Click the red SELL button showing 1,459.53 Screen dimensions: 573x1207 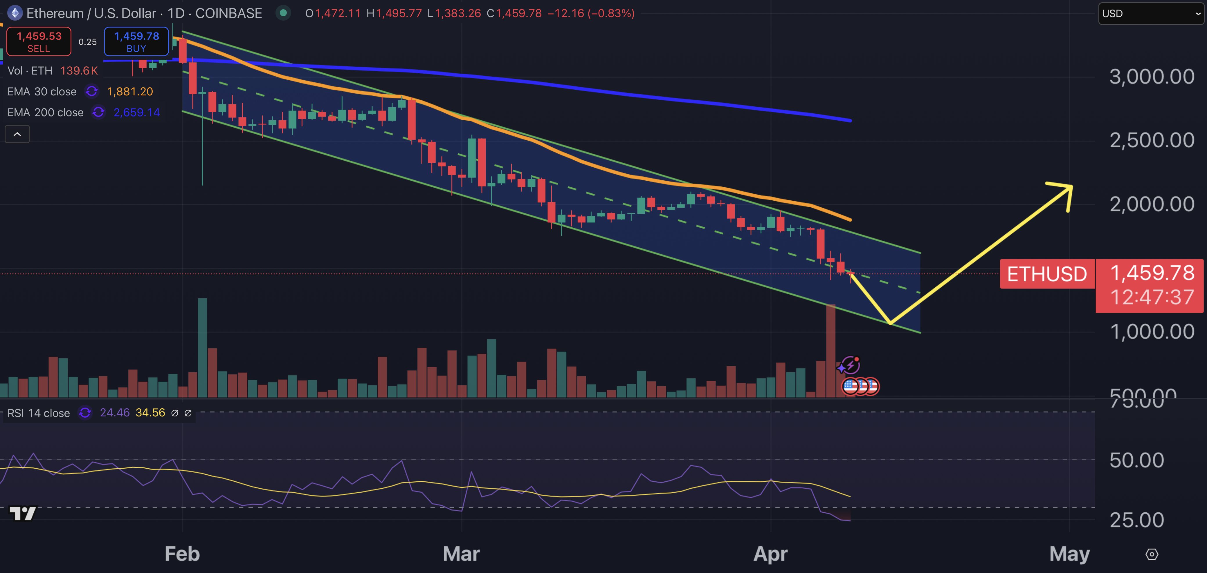pyautogui.click(x=39, y=42)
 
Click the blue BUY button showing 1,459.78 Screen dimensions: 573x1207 pyautogui.click(x=136, y=42)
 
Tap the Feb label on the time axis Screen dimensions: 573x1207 pyautogui.click(x=182, y=554)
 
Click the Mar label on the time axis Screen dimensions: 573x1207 pyautogui.click(x=462, y=554)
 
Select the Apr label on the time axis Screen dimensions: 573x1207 pyautogui.click(x=771, y=554)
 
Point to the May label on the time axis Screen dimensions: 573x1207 pyautogui.click(x=1070, y=554)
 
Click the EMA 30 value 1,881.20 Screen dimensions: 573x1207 pyautogui.click(x=130, y=92)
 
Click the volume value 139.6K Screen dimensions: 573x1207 pyautogui.click(x=79, y=71)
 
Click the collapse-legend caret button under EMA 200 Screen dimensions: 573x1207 pyautogui.click(x=17, y=134)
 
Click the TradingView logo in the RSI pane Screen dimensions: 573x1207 pyautogui.click(x=22, y=514)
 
